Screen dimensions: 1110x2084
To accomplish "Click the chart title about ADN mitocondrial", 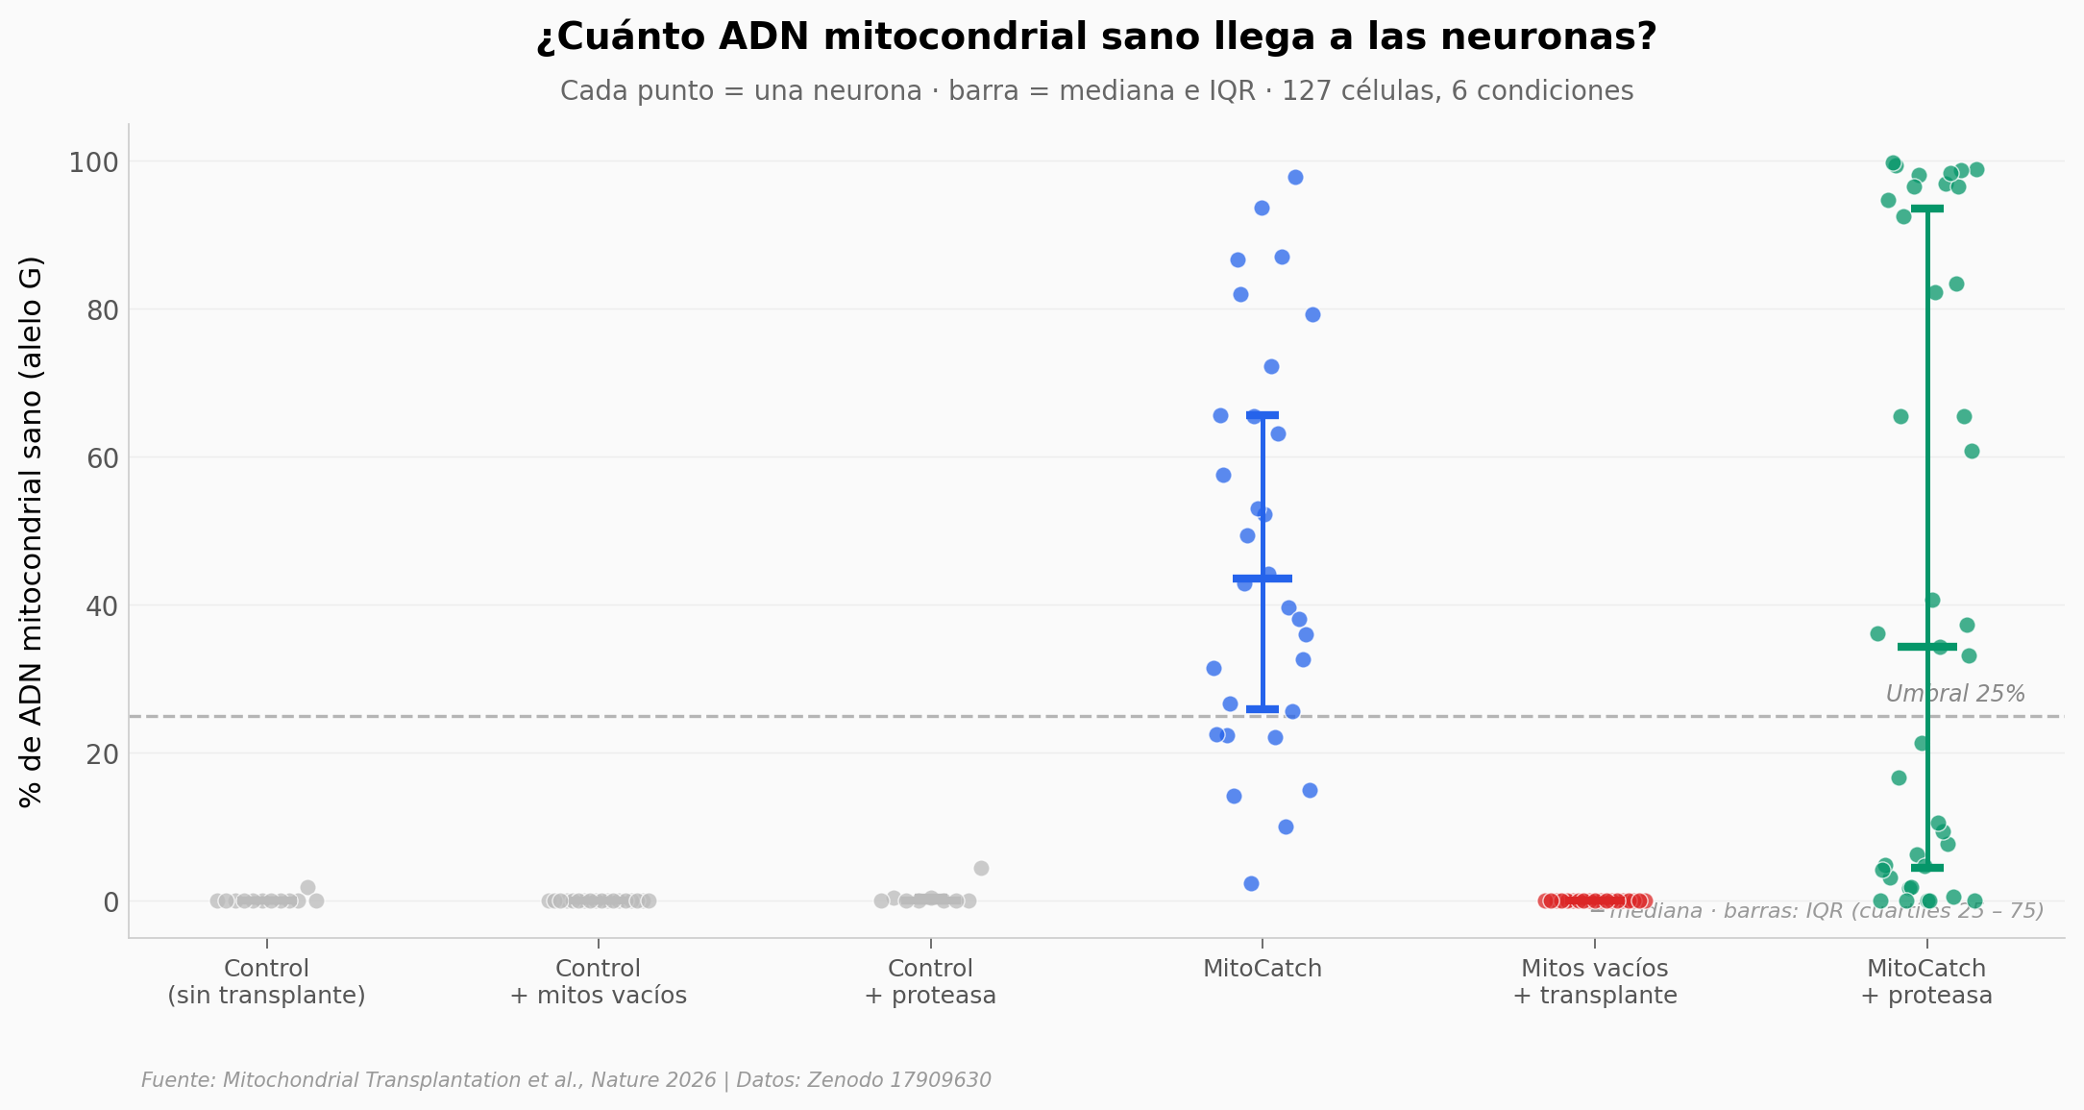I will (x=1096, y=37).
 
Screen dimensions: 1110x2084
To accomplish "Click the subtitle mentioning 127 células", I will (x=1096, y=91).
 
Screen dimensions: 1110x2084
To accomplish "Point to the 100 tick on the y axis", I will (x=93, y=162).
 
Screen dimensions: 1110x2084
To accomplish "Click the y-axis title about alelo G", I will (x=31, y=531).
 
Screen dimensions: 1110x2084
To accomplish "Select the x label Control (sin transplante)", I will (x=266, y=981).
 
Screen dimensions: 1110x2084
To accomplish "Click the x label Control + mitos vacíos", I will (x=598, y=981).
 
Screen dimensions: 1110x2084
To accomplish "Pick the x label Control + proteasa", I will (x=930, y=981).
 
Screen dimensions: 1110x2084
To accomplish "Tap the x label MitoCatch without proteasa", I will (x=1262, y=969).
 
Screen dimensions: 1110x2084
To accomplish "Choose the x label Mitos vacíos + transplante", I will (x=1594, y=981).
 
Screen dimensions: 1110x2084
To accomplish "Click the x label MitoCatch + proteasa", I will (x=1925, y=981).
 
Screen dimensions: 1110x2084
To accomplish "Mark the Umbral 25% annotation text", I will (x=1954, y=694).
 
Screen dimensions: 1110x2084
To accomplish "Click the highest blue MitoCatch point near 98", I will (x=1295, y=178).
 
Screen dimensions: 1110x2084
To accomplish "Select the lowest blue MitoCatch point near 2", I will (x=1251, y=884).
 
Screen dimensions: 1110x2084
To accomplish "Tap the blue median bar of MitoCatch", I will (x=1262, y=579).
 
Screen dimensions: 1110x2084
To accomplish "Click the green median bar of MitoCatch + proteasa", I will (x=1926, y=647).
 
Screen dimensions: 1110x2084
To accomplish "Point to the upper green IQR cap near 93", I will (x=1926, y=209).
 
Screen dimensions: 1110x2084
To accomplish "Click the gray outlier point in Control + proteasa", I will (x=981, y=869).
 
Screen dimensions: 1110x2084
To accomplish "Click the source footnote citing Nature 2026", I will (x=566, y=1080).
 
